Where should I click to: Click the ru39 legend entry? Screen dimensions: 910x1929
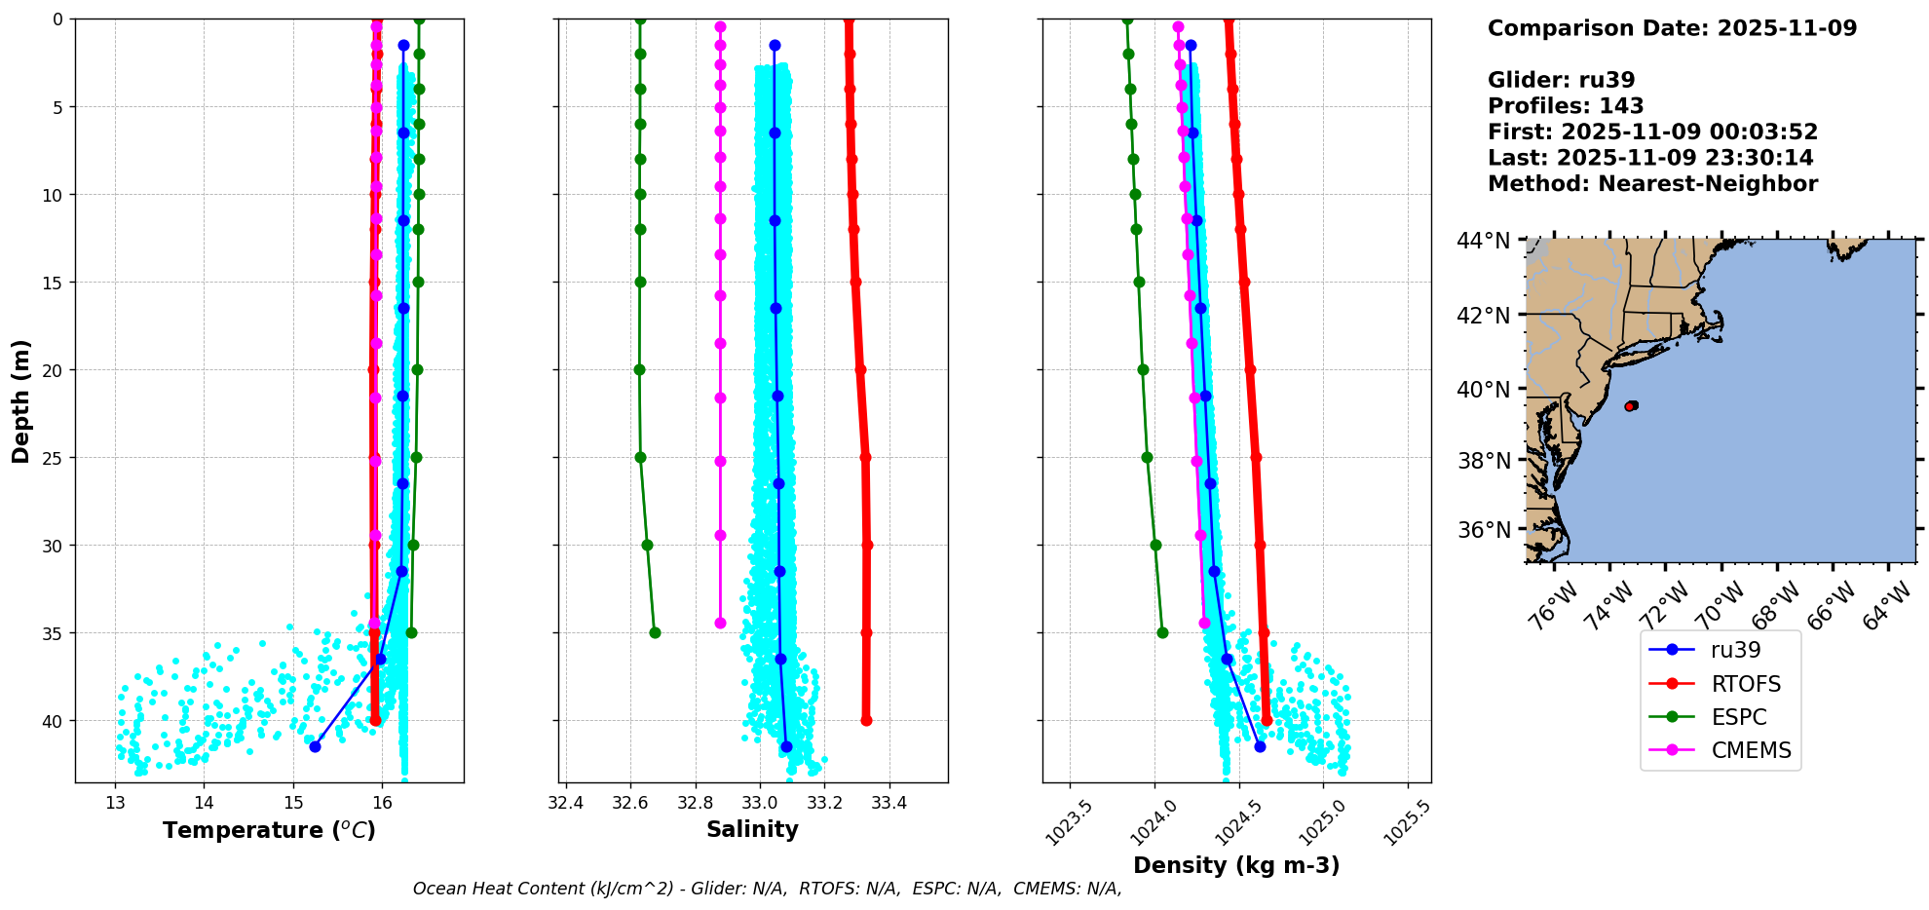click(x=1735, y=650)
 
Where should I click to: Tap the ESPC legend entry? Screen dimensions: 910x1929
click(x=1739, y=717)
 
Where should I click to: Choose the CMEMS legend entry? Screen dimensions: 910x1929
click(x=1751, y=750)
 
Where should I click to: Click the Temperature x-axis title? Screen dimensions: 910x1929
click(x=269, y=830)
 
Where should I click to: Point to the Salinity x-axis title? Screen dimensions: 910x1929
click(x=752, y=829)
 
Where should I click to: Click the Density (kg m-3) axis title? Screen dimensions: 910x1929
click(x=1236, y=865)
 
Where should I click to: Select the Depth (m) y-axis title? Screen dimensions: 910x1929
click(x=21, y=400)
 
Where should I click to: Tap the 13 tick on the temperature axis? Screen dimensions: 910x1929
click(x=115, y=804)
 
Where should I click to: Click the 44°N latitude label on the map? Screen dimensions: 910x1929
click(x=1483, y=241)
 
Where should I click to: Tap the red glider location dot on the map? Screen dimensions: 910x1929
click(x=1631, y=405)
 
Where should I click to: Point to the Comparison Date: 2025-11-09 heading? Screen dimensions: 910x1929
click(x=1672, y=28)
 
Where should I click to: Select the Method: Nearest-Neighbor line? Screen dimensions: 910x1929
click(x=1652, y=184)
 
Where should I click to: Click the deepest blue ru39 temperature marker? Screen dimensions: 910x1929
click(x=315, y=746)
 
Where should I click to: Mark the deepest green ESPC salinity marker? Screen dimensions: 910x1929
click(x=655, y=632)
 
